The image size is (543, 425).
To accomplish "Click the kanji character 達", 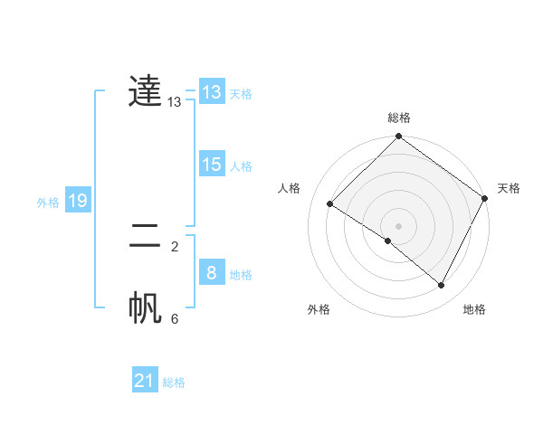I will [145, 90].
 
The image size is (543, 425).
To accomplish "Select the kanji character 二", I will [145, 237].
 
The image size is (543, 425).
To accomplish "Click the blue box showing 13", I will [211, 92].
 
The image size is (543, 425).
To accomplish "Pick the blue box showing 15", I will [211, 165].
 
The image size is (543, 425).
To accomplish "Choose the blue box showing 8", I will [211, 273].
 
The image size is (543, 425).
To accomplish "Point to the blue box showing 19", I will [78, 201].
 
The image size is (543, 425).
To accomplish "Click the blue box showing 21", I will [145, 381].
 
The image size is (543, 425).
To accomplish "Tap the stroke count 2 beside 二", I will [175, 246].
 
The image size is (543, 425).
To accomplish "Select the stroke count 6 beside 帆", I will [175, 318].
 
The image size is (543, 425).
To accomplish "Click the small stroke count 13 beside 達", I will [175, 102].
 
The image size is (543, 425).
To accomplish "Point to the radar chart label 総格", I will [399, 118].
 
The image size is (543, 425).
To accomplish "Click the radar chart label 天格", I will [509, 188].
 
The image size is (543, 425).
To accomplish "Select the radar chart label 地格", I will [474, 309].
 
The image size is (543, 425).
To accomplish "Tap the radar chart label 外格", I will [319, 309].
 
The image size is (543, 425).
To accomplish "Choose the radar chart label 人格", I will [290, 188].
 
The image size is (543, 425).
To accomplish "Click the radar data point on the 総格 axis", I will [399, 137].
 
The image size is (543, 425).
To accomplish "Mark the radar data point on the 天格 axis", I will [485, 198].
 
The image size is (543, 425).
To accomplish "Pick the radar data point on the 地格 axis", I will [442, 285].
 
